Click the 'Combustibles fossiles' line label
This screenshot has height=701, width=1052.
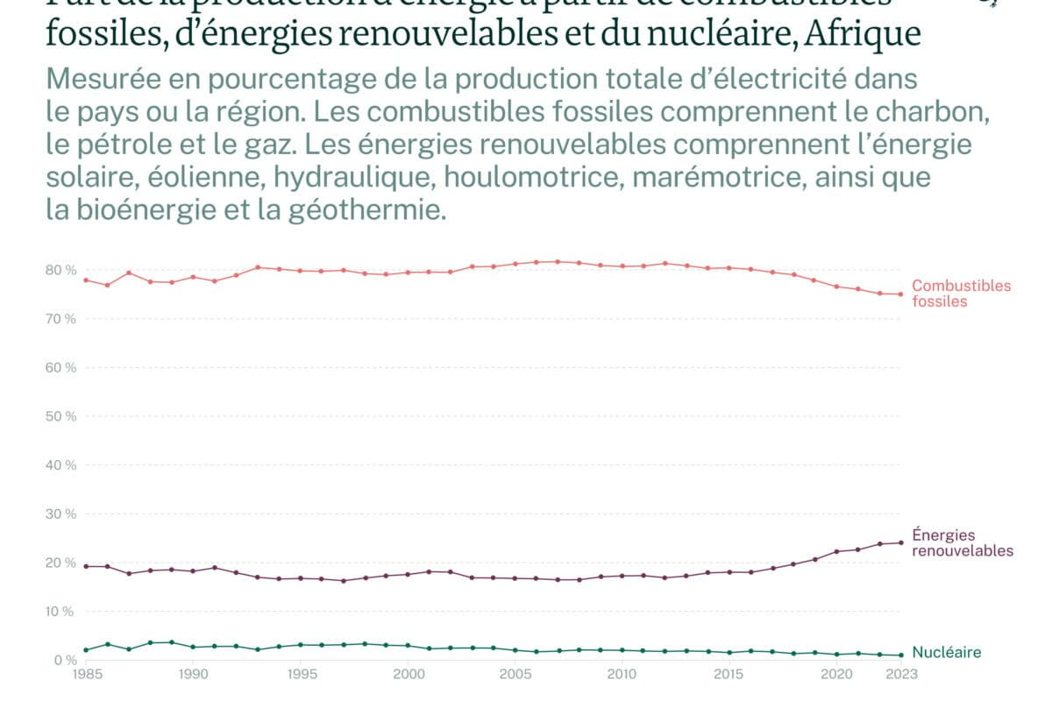pyautogui.click(x=961, y=294)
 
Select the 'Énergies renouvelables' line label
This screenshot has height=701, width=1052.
pyautogui.click(x=963, y=543)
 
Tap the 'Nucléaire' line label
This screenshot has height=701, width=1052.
pyautogui.click(x=947, y=653)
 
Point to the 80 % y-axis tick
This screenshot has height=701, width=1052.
pyautogui.click(x=62, y=270)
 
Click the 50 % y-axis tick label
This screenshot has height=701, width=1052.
pyautogui.click(x=62, y=416)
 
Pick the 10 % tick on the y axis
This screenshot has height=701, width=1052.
pyautogui.click(x=62, y=612)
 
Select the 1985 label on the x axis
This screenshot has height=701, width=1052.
pyautogui.click(x=86, y=675)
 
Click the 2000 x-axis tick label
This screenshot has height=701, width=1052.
pyautogui.click(x=408, y=675)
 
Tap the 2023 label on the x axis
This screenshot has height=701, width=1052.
pyautogui.click(x=900, y=675)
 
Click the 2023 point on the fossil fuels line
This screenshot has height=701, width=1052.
pyautogui.click(x=900, y=294)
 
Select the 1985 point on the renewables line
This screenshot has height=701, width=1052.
pyautogui.click(x=86, y=566)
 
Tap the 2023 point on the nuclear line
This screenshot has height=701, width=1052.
pyautogui.click(x=900, y=655)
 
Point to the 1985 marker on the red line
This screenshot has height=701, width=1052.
pyautogui.click(x=86, y=280)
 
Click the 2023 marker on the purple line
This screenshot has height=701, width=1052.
pyautogui.click(x=900, y=542)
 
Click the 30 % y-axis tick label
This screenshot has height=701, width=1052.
pyautogui.click(x=62, y=514)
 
